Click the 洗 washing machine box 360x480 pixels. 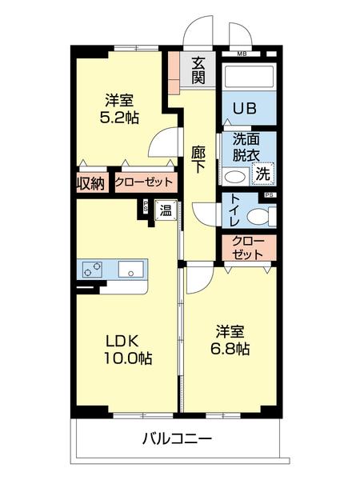[262, 174]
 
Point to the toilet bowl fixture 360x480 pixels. [258, 216]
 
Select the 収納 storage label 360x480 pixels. [91, 183]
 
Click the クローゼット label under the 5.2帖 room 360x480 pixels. [144, 182]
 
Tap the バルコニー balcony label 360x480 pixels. [178, 439]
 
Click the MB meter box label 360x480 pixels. [242, 53]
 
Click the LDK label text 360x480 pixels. [124, 338]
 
